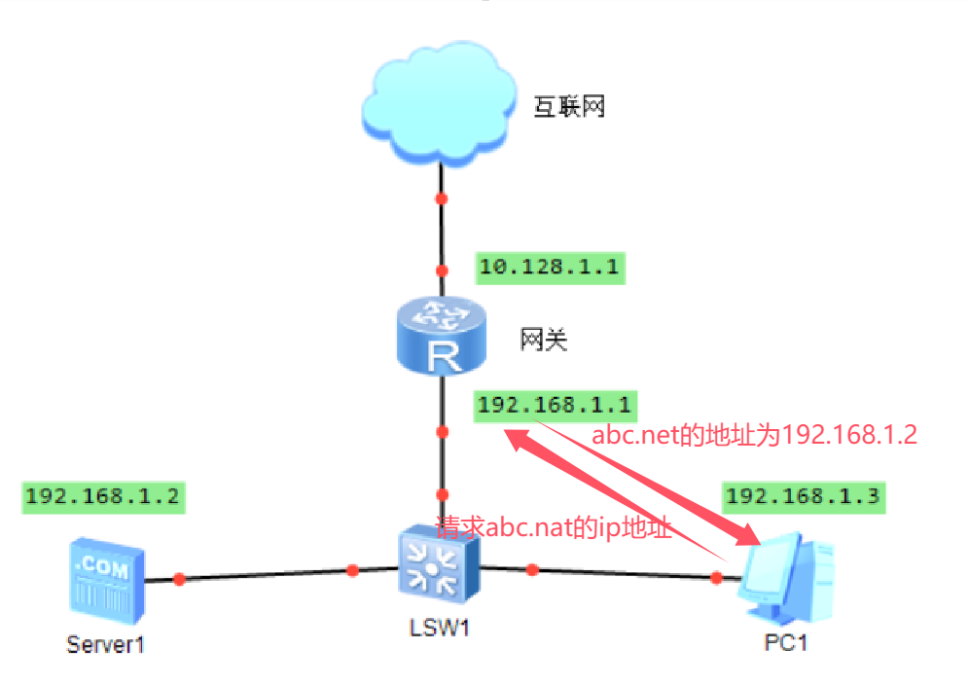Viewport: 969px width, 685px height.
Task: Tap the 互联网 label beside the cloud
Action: click(569, 106)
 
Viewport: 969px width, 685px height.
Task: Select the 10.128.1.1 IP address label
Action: click(549, 267)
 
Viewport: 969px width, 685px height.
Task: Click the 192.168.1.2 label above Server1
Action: click(101, 496)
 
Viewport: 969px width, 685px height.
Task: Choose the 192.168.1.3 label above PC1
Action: click(803, 496)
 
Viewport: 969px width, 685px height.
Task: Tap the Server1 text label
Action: click(105, 643)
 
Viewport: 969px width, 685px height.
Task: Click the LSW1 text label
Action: click(440, 629)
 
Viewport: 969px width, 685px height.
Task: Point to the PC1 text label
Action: click(785, 643)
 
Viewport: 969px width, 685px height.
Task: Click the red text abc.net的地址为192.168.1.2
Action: click(755, 434)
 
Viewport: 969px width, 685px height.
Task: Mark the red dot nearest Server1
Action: click(179, 579)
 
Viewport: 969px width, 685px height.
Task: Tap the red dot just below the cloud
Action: click(441, 199)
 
